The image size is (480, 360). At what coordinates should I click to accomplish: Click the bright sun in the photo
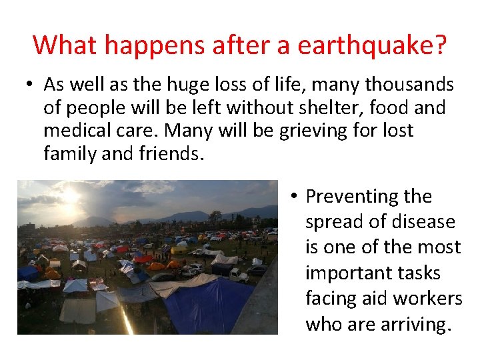click(71, 195)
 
